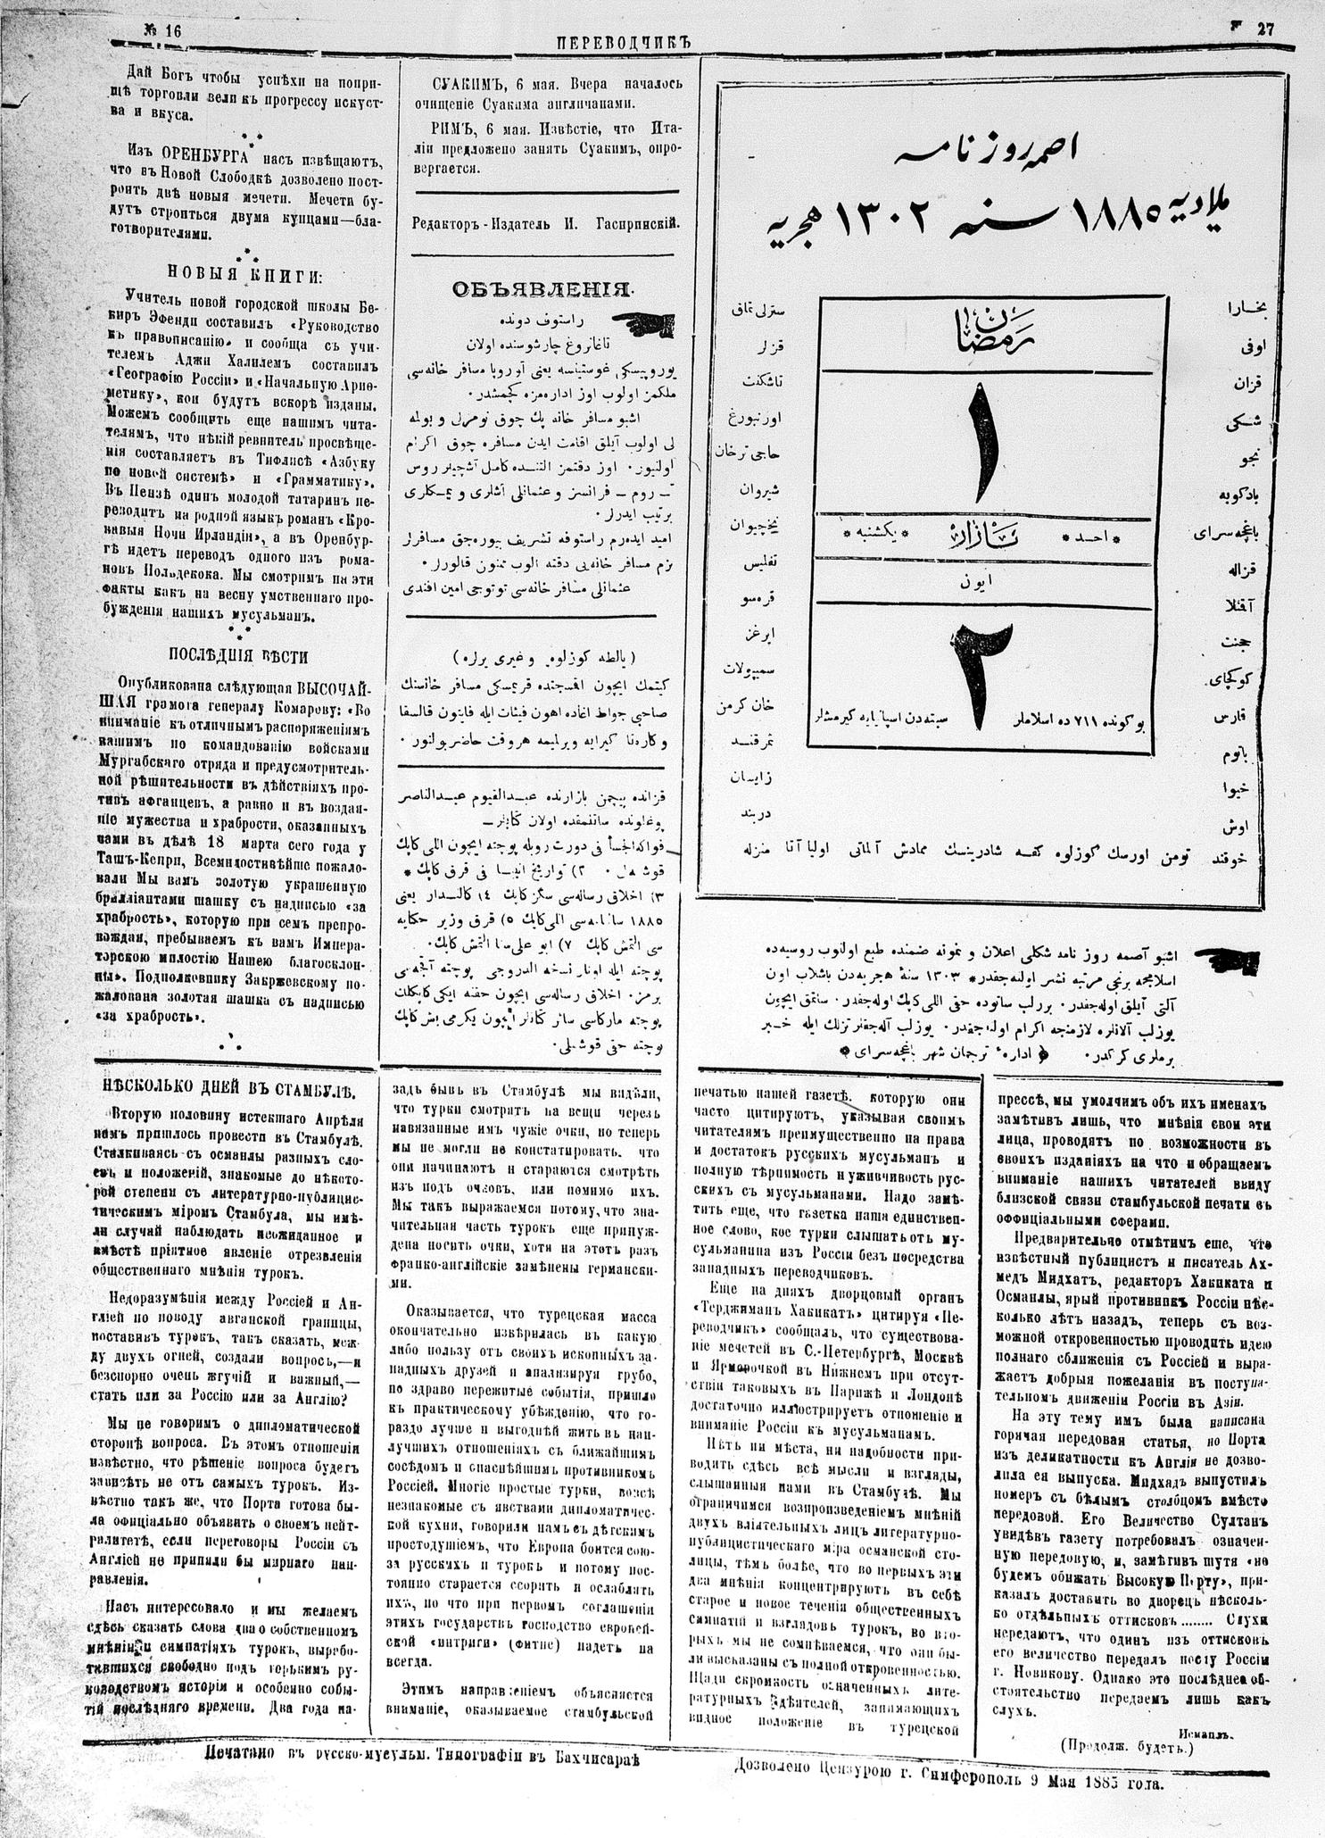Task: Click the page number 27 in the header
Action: click(x=1265, y=28)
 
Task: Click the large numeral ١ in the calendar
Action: click(x=982, y=446)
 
